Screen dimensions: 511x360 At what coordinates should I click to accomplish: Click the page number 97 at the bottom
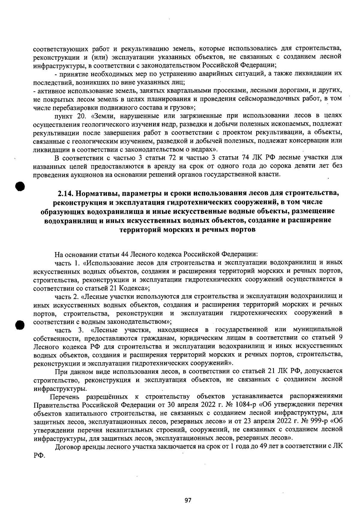pyautogui.click(x=188, y=500)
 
